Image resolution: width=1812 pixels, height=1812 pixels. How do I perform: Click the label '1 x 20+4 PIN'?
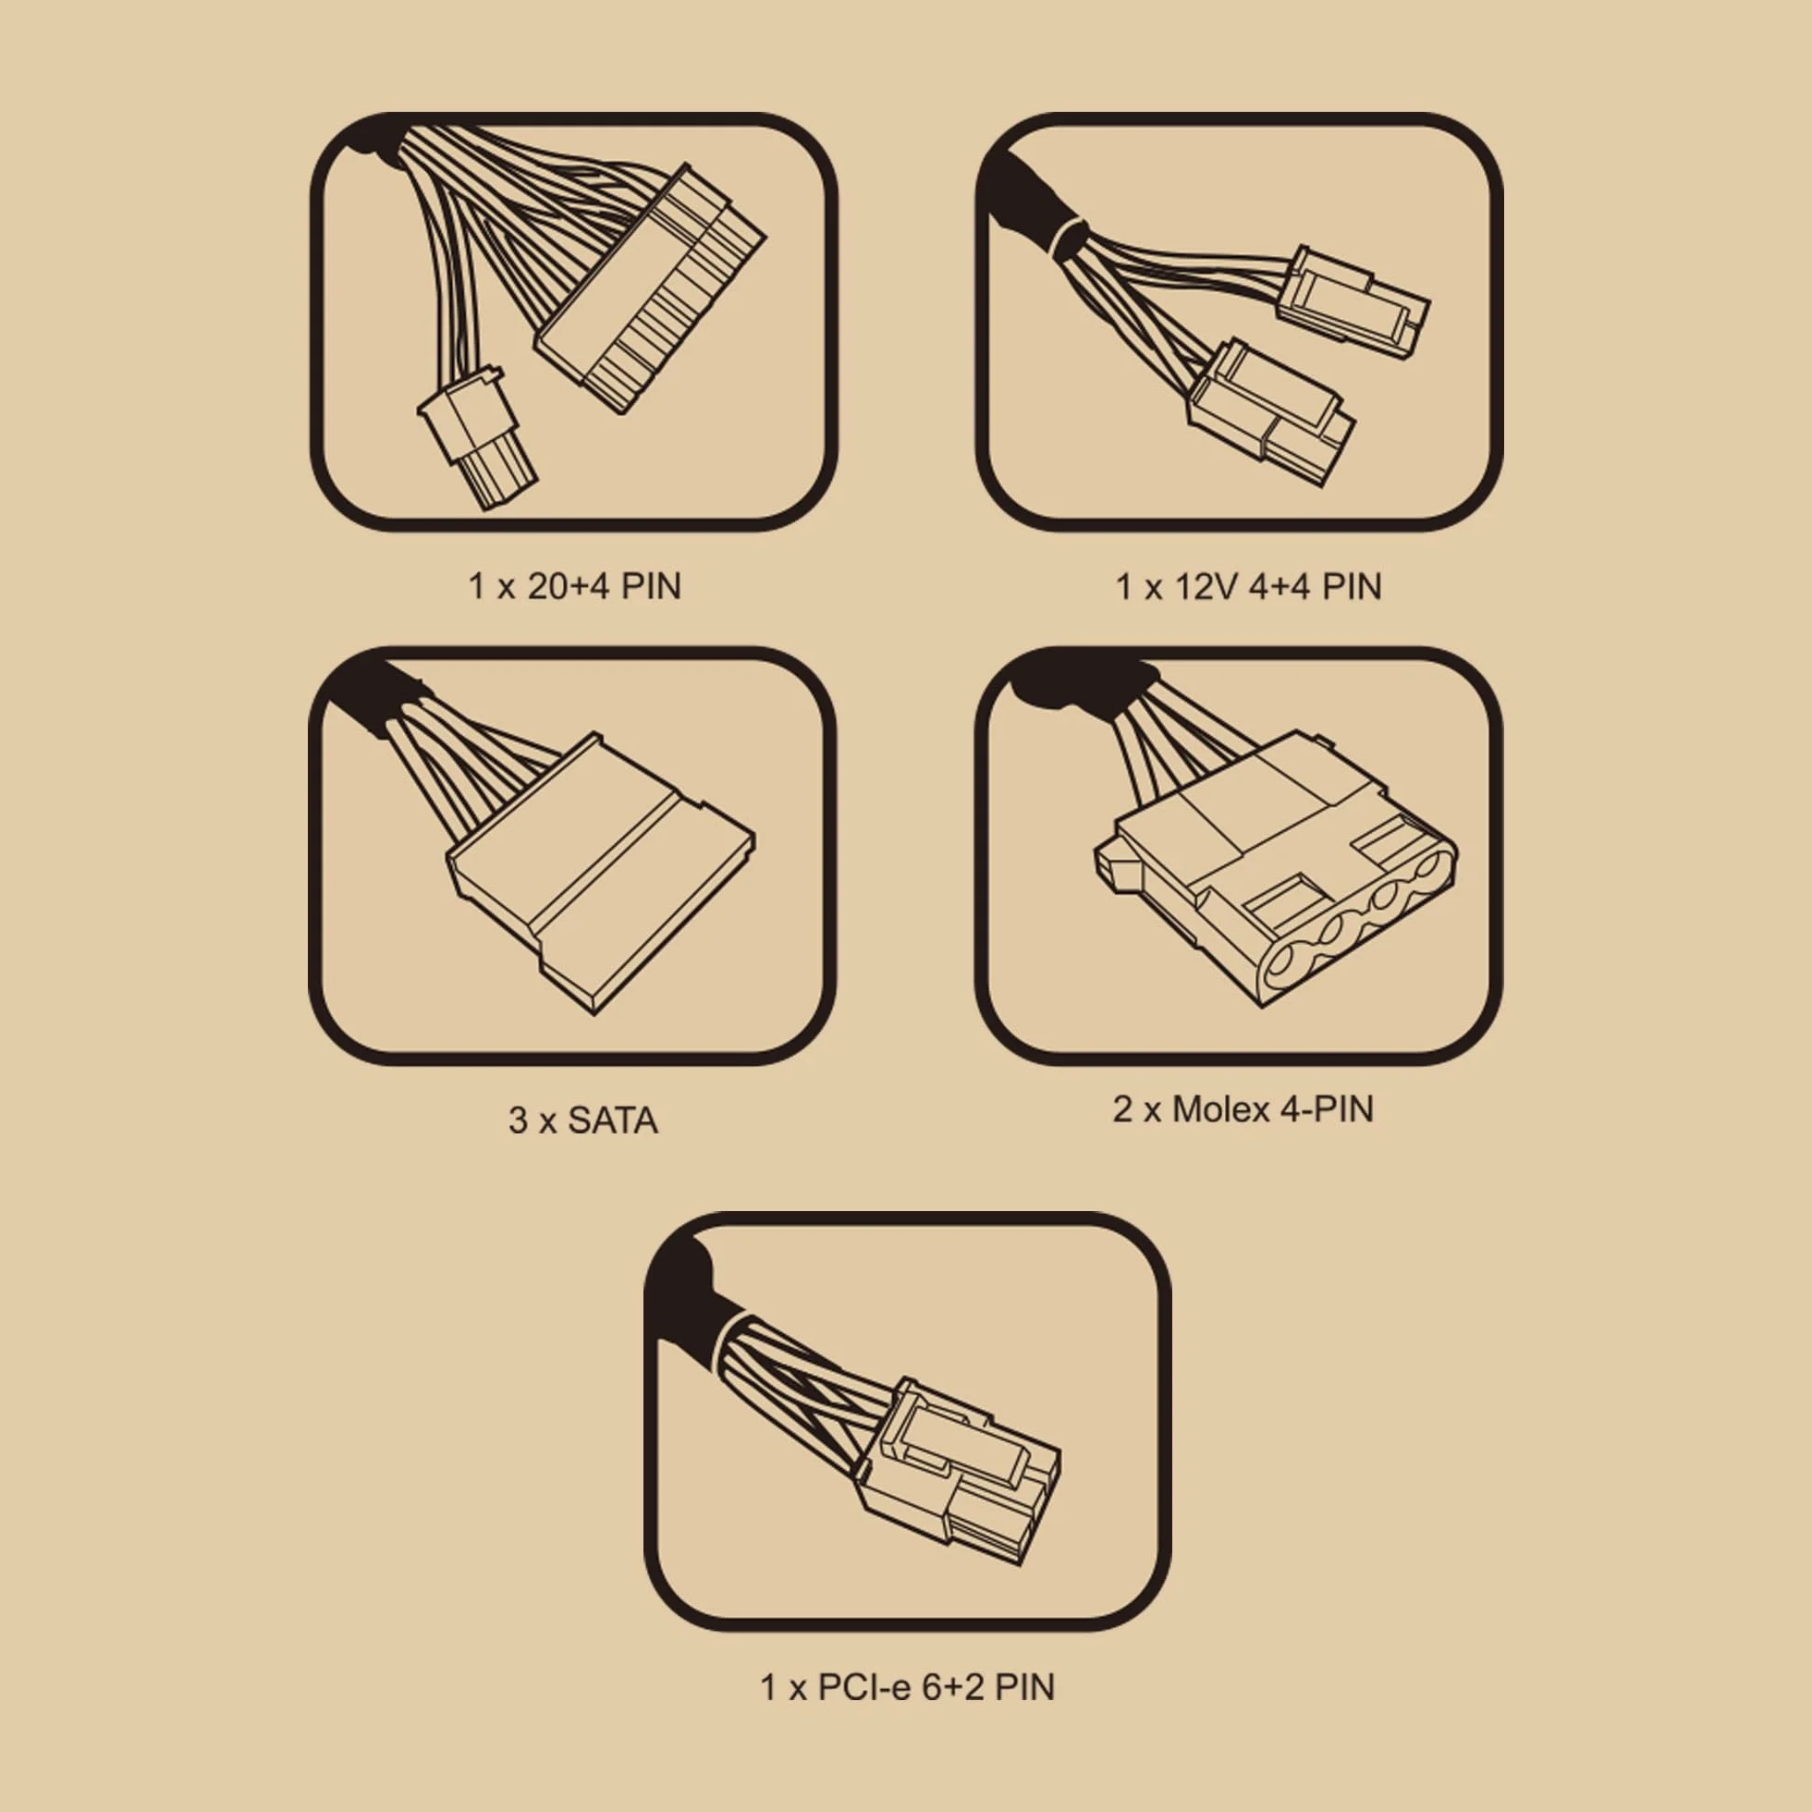pyautogui.click(x=574, y=586)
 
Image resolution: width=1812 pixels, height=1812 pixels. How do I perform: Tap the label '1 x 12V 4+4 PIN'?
pyautogui.click(x=1248, y=586)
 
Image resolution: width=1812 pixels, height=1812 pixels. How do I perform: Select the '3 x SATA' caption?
pyautogui.click(x=582, y=1120)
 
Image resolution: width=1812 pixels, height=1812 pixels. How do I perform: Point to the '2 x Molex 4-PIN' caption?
pyautogui.click(x=1243, y=1108)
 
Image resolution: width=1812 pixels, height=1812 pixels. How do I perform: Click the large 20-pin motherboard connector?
pyautogui.click(x=650, y=289)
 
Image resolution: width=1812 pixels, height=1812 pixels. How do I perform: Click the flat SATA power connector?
pyautogui.click(x=600, y=872)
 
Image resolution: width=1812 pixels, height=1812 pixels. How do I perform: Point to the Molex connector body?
pyautogui.click(x=1276, y=876)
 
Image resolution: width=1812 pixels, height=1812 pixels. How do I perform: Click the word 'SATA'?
pyautogui.click(x=612, y=1120)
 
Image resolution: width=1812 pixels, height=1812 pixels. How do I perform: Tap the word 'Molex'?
pyautogui.click(x=1217, y=1108)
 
